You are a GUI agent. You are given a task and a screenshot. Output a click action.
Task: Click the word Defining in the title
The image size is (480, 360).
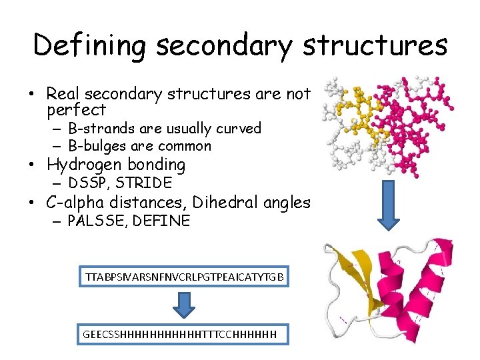88,45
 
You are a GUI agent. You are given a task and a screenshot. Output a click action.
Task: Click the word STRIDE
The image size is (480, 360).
145,183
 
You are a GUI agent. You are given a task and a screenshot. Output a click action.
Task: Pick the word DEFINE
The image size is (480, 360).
161,221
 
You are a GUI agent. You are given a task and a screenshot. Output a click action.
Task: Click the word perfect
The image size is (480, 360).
77,110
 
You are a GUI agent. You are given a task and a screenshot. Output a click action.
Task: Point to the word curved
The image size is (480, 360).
237,128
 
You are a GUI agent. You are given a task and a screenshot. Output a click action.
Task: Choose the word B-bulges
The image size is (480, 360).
96,146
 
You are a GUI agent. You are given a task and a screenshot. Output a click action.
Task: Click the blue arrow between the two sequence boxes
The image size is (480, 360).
186,305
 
